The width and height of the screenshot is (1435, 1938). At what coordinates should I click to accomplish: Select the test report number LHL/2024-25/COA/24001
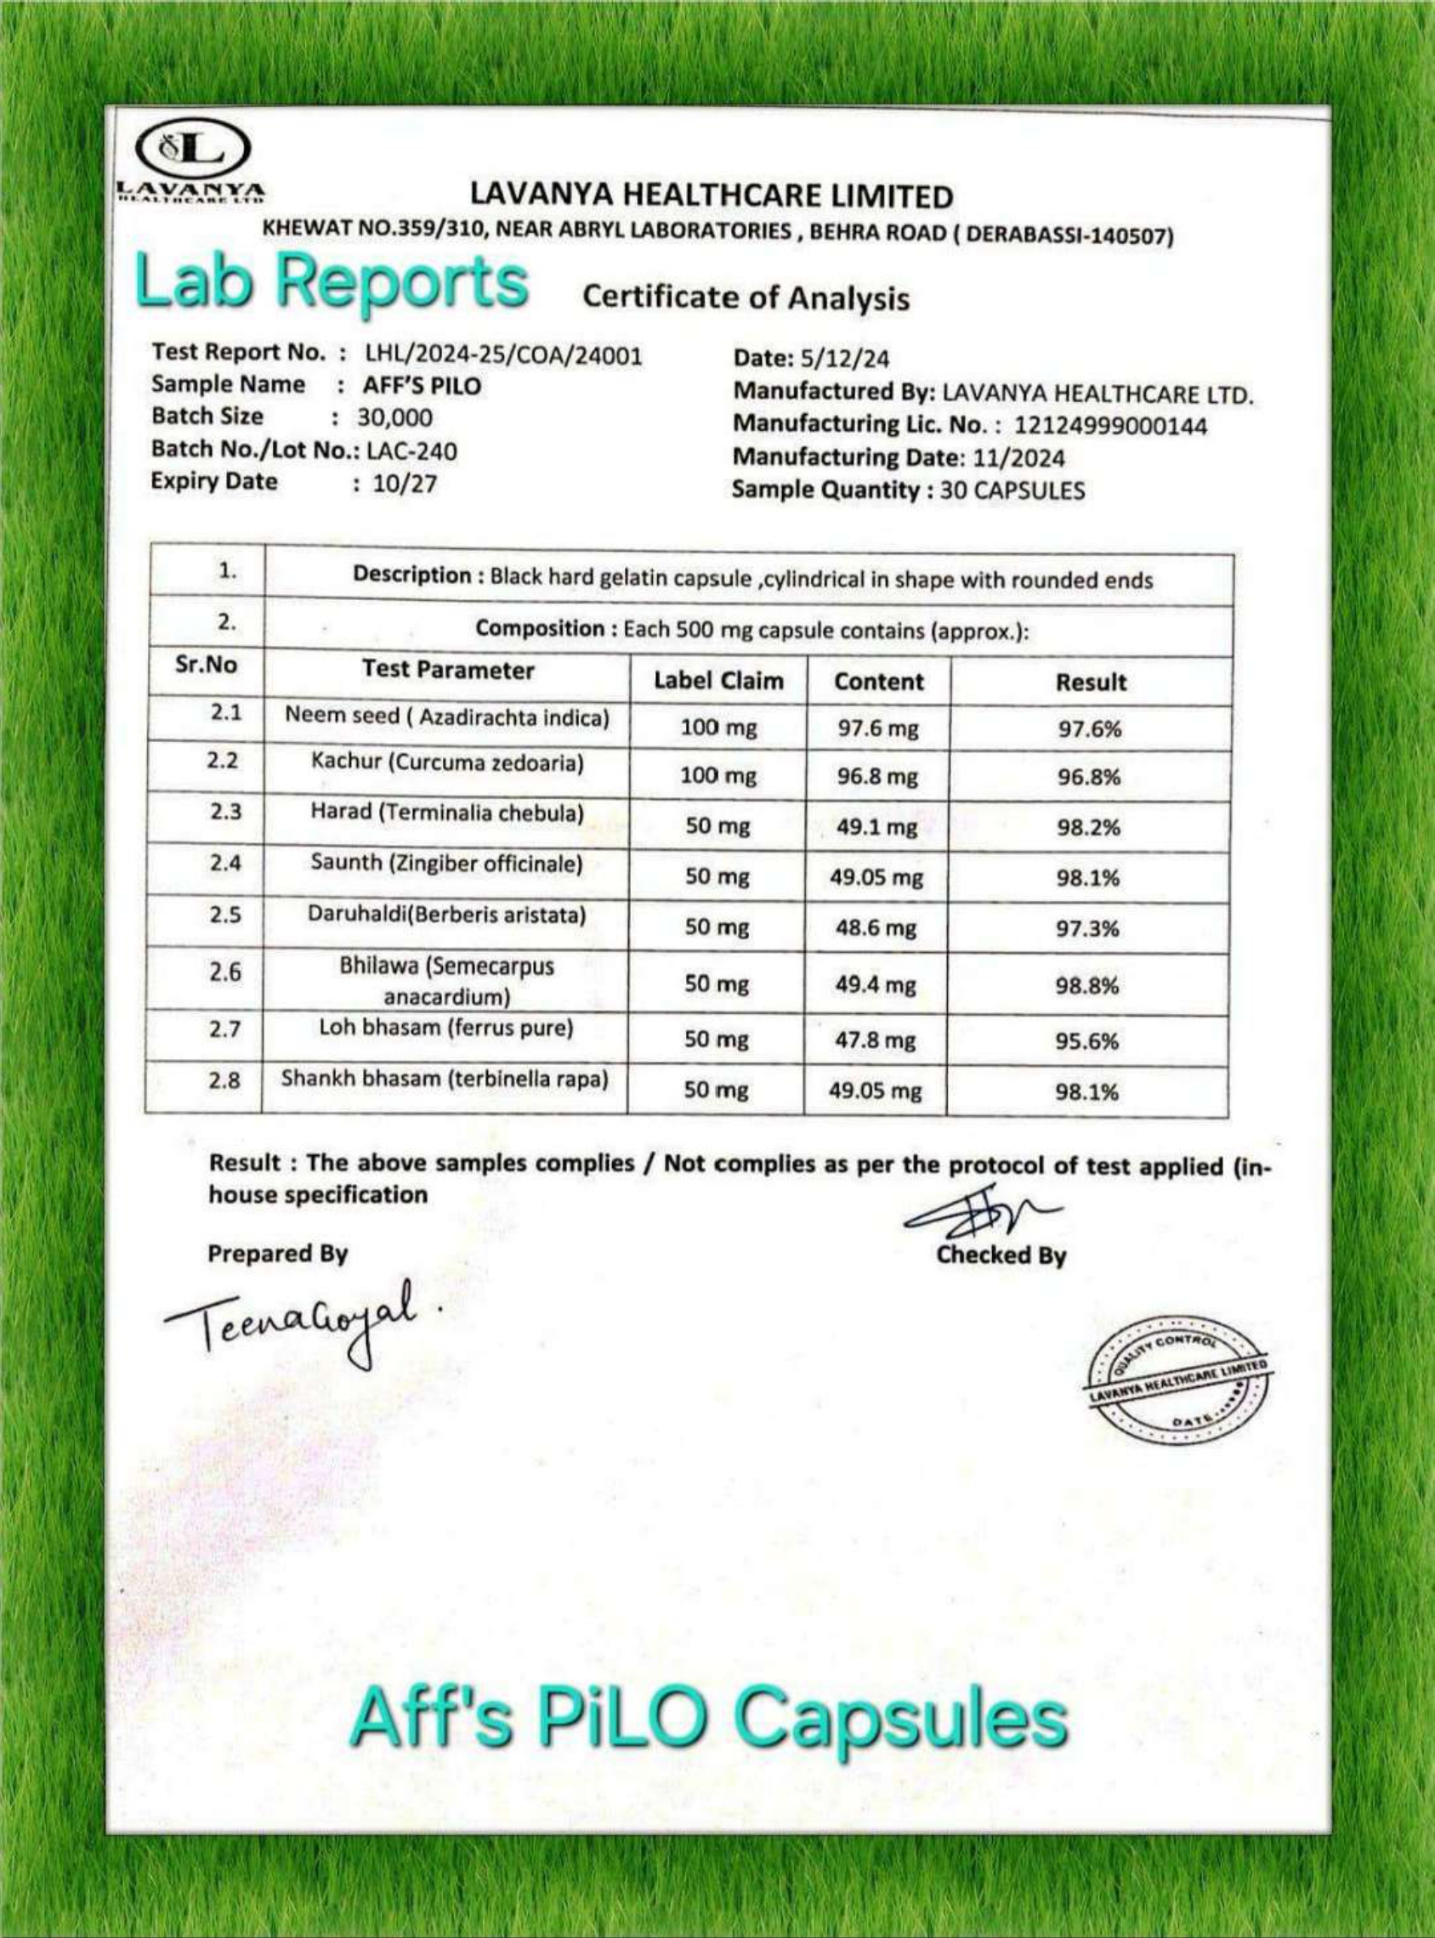[504, 354]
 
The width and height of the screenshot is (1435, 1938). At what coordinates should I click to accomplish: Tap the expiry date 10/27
[405, 484]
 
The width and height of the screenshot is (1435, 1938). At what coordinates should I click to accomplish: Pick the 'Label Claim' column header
[718, 681]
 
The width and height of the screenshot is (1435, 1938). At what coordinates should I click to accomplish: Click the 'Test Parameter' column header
[447, 670]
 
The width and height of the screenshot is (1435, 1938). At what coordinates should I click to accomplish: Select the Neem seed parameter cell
[447, 717]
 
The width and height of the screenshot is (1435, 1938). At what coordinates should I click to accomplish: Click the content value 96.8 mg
[877, 776]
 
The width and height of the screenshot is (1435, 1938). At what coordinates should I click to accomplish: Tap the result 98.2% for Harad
[1088, 826]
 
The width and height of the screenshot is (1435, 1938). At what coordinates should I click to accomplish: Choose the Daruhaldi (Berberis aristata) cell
[446, 915]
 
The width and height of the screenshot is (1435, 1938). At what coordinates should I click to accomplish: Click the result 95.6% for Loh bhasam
[1086, 1040]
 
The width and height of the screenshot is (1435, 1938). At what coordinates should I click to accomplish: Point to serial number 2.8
[224, 1081]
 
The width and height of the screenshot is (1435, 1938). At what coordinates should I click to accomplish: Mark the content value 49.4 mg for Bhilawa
[876, 984]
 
